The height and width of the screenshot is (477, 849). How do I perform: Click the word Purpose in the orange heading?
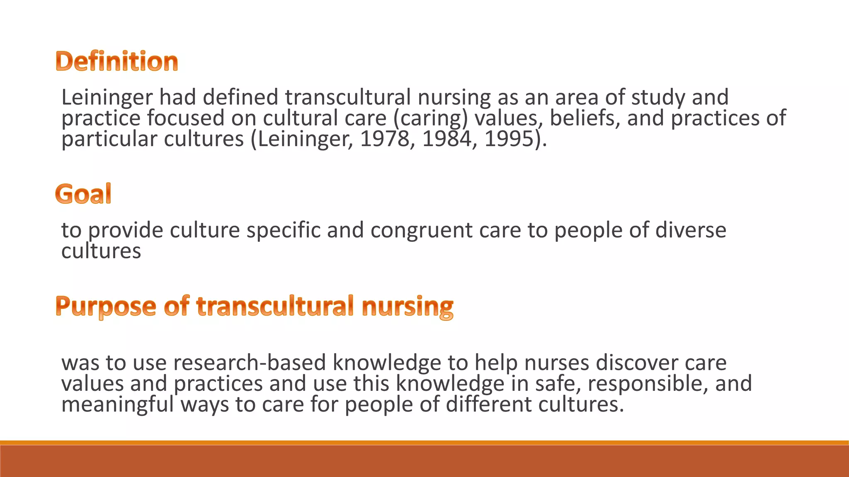(106, 307)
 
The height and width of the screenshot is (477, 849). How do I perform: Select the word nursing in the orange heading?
(408, 307)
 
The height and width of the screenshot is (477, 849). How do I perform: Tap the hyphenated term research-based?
(250, 363)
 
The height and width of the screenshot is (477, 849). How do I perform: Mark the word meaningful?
(118, 405)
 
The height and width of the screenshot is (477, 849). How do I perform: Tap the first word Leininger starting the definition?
(107, 98)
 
